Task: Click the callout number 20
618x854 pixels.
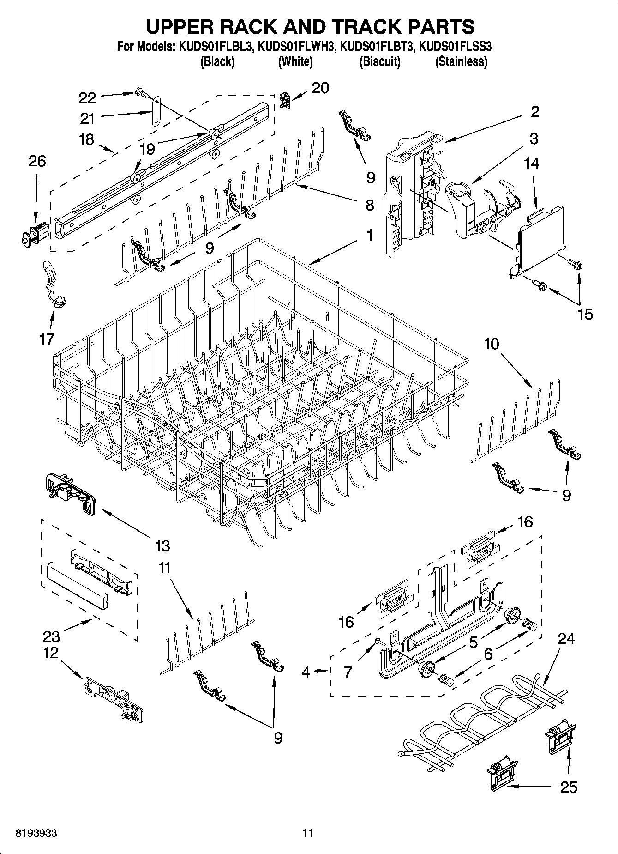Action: click(x=320, y=88)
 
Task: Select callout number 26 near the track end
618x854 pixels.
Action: click(x=37, y=161)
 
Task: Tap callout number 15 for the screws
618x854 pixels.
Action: click(x=585, y=314)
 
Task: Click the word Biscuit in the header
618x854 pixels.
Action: click(x=380, y=61)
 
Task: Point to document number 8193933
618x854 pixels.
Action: click(x=36, y=833)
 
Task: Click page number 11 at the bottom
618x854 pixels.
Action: click(x=308, y=833)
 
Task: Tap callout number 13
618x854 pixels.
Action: click(x=162, y=545)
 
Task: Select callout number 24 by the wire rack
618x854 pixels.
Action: click(x=566, y=638)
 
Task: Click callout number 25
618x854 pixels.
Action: click(x=568, y=787)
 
